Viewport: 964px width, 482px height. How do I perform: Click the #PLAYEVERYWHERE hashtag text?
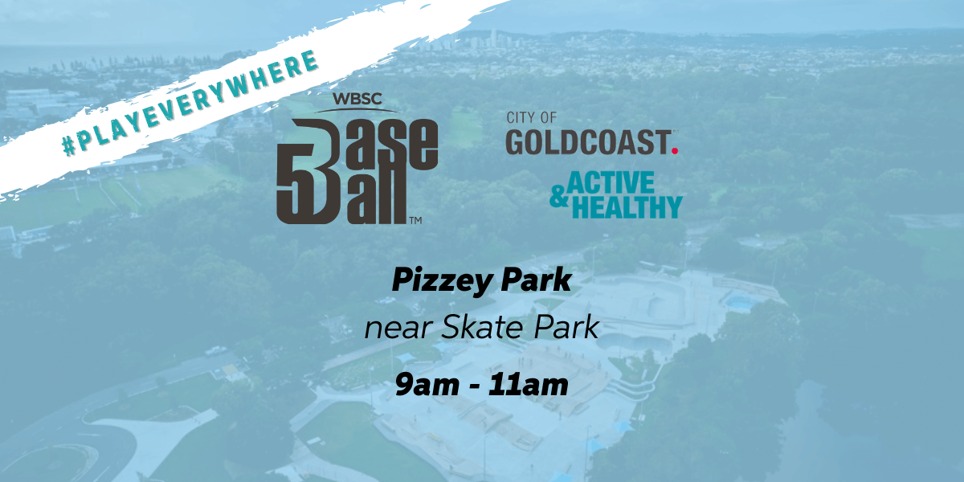click(x=190, y=103)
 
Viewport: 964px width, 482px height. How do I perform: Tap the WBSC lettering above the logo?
click(x=357, y=99)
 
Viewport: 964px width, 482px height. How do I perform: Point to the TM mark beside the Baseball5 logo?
click(x=415, y=220)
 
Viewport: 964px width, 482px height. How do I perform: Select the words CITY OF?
click(x=532, y=117)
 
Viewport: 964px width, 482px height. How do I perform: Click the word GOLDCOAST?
click(x=588, y=142)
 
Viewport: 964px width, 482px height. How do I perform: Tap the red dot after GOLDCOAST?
click(x=675, y=151)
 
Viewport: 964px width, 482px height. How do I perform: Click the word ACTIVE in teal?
click(x=611, y=183)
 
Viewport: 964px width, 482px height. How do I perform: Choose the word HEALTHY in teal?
click(x=627, y=207)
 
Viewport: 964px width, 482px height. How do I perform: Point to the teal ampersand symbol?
click(x=559, y=196)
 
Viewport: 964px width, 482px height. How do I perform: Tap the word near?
click(x=398, y=328)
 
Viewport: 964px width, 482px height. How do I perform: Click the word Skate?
click(x=483, y=326)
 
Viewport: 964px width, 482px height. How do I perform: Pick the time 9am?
click(x=427, y=385)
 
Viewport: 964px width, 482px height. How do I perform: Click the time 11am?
click(x=529, y=385)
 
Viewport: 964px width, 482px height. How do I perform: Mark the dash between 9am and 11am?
click(x=474, y=387)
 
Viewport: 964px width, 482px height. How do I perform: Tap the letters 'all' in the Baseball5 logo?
click(x=374, y=197)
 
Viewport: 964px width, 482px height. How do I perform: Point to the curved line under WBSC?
click(x=357, y=110)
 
